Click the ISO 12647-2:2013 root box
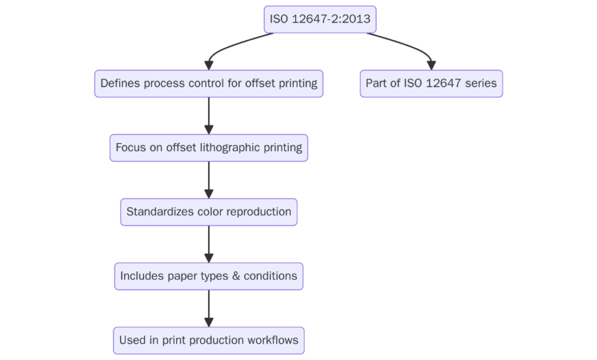(x=319, y=19)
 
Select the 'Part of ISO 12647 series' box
(x=431, y=83)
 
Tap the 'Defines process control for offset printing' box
(x=209, y=83)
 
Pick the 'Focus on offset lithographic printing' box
(x=209, y=148)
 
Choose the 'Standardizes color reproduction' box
(x=209, y=212)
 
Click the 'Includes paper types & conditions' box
(x=209, y=276)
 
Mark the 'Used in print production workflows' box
(x=209, y=340)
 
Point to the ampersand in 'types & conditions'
(x=236, y=276)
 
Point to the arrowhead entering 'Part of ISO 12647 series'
(x=431, y=65)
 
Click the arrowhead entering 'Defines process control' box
(x=209, y=65)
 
